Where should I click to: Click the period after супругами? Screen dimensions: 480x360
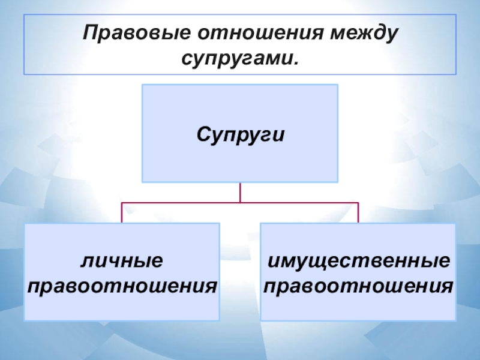(295, 63)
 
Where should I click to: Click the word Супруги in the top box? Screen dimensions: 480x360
(240, 133)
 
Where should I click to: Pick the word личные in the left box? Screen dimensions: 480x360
(122, 262)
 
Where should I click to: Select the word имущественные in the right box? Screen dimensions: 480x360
(358, 262)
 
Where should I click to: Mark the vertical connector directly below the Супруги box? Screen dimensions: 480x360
(240, 192)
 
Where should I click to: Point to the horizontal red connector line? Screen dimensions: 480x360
(180, 203)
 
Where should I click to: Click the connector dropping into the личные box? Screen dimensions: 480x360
(122, 213)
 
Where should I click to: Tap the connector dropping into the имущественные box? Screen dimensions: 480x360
(358, 213)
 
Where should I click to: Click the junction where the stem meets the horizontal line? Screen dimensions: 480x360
(240, 203)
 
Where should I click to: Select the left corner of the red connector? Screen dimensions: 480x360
(122, 203)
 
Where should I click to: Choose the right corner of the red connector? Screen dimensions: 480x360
(358, 203)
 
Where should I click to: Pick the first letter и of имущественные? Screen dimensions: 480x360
(272, 262)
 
